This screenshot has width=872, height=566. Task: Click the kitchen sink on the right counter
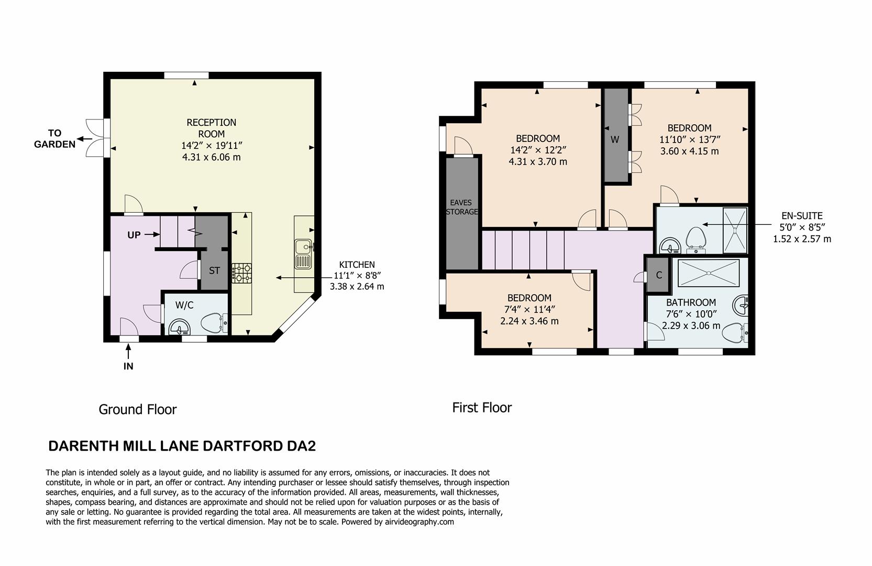click(303, 254)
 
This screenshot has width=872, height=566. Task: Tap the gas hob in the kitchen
click(241, 273)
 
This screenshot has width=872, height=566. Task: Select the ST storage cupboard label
click(214, 271)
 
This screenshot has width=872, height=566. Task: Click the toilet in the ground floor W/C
click(214, 323)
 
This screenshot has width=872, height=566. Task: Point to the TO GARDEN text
click(54, 139)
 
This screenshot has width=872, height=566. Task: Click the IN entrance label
click(128, 366)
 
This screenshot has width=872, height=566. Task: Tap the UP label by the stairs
click(134, 235)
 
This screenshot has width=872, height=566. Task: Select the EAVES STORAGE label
click(461, 207)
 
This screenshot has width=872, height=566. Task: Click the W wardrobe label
click(615, 139)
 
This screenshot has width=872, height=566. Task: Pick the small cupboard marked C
click(659, 275)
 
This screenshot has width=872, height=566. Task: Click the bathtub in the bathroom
click(708, 273)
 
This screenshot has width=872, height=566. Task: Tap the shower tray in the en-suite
click(735, 230)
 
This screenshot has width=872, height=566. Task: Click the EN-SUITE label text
click(802, 215)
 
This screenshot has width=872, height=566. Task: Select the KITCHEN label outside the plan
click(357, 265)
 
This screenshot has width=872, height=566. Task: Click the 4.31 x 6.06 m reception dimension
click(211, 157)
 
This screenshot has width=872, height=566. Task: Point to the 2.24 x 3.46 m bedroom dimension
click(529, 321)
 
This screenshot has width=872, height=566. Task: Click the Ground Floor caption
click(138, 409)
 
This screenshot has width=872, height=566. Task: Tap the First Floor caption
click(482, 408)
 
